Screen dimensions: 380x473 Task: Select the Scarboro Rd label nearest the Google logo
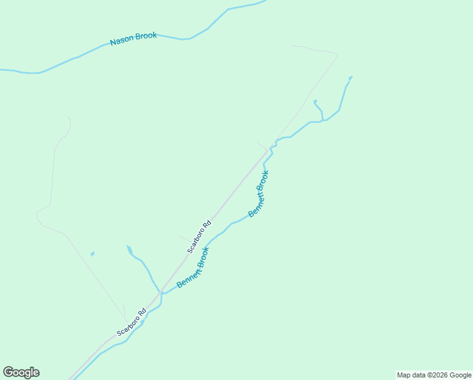tap(132, 322)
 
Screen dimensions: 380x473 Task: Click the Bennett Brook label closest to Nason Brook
tap(259, 194)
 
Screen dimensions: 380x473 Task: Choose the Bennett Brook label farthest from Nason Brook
tap(193, 268)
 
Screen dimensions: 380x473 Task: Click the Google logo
tap(21, 372)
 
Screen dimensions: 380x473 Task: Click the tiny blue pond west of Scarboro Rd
tap(92, 254)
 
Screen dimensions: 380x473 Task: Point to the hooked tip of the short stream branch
tap(315, 101)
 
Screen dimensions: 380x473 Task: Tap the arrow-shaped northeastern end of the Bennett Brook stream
tap(351, 77)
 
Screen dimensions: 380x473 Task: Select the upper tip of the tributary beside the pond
tap(128, 247)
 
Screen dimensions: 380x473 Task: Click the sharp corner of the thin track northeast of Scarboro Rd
tap(336, 56)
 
